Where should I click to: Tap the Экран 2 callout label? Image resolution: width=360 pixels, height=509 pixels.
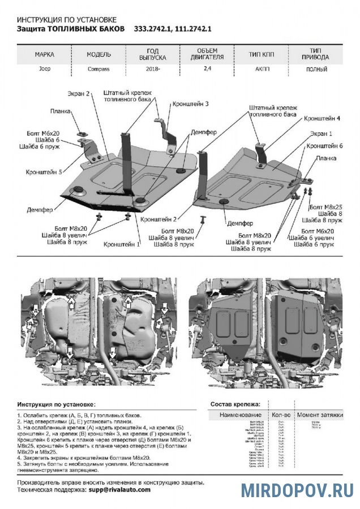[x=80, y=94]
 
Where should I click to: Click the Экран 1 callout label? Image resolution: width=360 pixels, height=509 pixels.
[x=321, y=134]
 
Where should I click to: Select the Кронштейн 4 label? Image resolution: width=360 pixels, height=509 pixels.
[x=322, y=119]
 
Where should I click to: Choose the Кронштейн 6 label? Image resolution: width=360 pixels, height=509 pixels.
[x=325, y=146]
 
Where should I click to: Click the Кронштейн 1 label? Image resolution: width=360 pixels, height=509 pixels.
[x=122, y=244]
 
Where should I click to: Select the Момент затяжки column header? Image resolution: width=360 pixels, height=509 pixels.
[x=320, y=415]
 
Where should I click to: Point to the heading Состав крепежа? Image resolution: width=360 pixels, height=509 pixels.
[x=235, y=404]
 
